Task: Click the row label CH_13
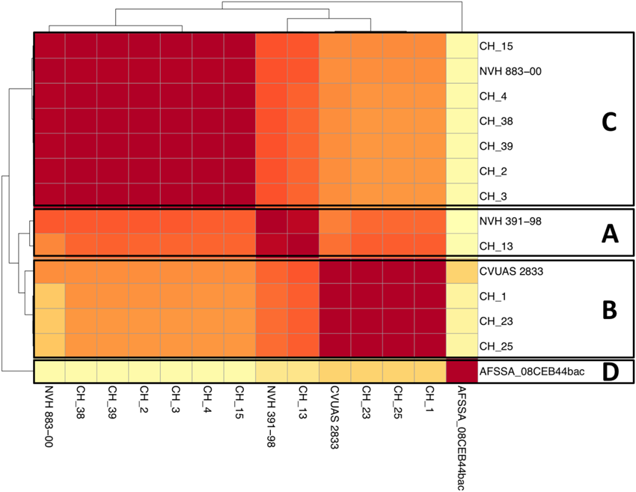495,246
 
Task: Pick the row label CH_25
495,347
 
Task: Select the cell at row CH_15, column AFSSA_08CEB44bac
462,46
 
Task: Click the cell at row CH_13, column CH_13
303,246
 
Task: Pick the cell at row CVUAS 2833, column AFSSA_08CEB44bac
462,271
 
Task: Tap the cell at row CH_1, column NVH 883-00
49,297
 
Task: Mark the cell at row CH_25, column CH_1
430,347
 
